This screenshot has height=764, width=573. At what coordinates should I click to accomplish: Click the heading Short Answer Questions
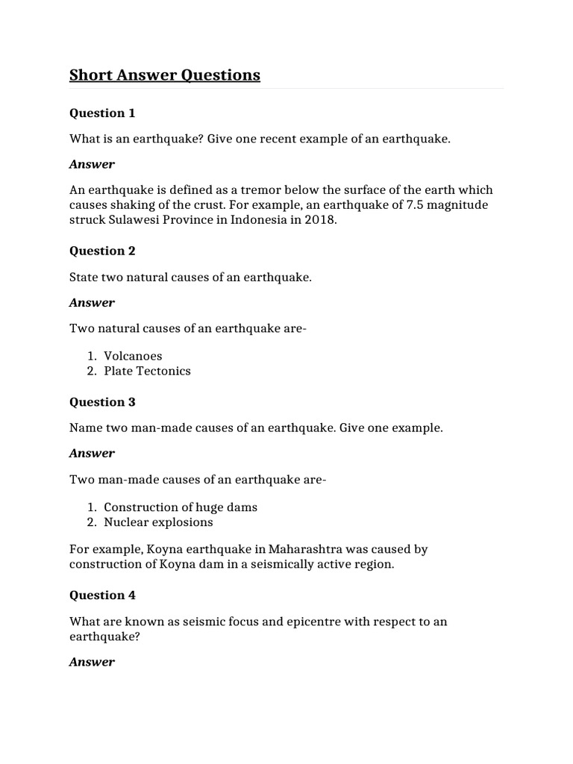(x=165, y=75)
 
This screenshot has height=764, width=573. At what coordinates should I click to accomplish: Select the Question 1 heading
(x=102, y=113)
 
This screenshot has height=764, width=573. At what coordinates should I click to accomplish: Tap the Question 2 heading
(x=102, y=251)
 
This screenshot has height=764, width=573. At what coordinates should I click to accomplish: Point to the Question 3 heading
(x=102, y=402)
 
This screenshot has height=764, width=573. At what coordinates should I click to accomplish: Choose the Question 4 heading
(x=102, y=595)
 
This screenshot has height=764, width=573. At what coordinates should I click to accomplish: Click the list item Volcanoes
(x=133, y=356)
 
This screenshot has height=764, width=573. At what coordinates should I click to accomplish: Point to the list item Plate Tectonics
(x=147, y=371)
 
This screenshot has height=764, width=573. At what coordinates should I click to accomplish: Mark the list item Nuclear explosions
(x=158, y=522)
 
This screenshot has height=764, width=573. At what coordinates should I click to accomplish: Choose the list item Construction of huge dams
(x=181, y=507)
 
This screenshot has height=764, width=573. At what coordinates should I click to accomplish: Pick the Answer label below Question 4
(x=92, y=662)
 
